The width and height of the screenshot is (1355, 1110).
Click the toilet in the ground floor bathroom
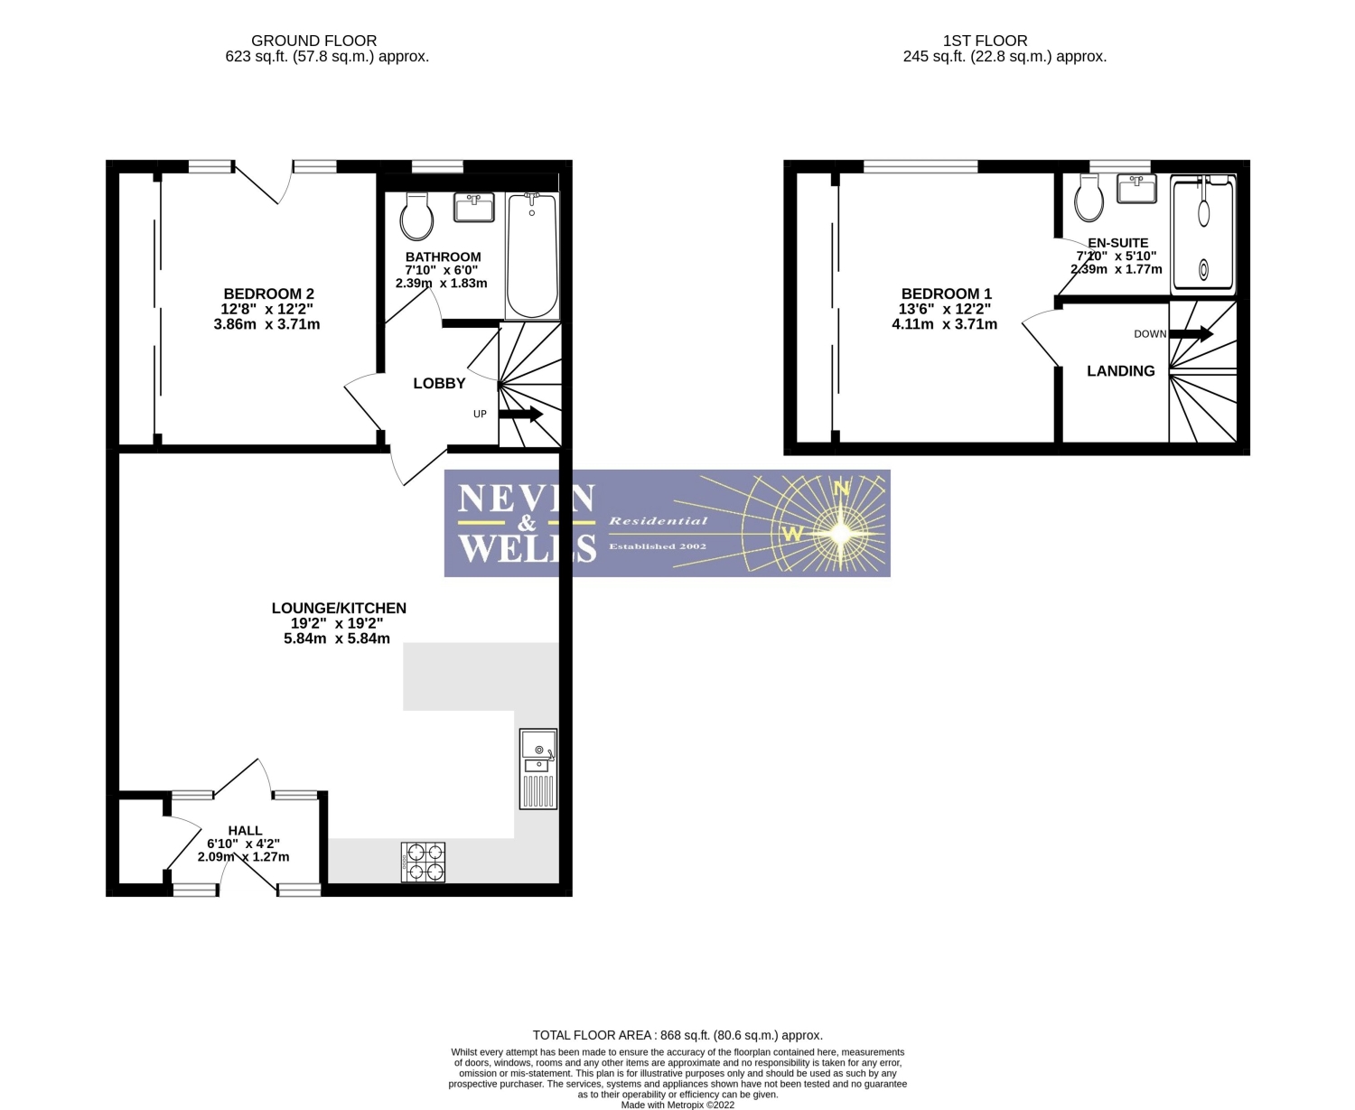416,216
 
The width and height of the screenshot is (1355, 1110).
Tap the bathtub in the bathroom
532,256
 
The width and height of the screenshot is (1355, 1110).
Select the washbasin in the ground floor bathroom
473,207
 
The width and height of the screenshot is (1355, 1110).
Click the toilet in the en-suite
1089,197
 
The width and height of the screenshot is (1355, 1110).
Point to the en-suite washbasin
1135,188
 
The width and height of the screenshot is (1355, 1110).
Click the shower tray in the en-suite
1202,235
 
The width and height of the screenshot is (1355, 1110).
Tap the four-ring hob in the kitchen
423,862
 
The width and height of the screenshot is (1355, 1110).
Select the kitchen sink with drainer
537,769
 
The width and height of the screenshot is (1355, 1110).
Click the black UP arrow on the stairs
520,415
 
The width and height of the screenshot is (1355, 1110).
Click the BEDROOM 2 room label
268,294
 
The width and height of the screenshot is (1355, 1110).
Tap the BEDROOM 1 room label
946,294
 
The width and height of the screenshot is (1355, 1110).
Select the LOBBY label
439,384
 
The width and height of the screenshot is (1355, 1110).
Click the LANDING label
1120,371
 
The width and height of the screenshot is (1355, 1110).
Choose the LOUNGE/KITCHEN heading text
339,608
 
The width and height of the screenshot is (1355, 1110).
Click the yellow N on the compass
841,489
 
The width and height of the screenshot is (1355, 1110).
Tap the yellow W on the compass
792,534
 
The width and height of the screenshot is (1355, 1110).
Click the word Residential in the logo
658,521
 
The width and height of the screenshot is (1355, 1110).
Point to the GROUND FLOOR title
313,41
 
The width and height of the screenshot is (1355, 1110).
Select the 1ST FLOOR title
985,41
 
